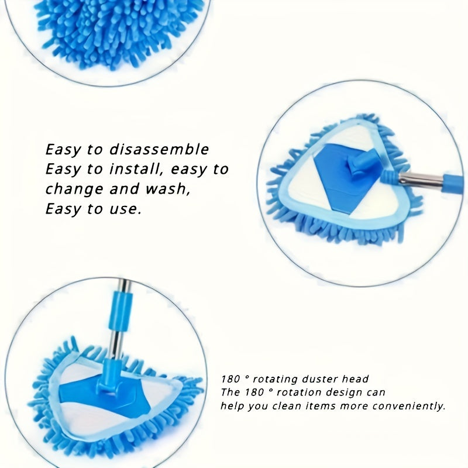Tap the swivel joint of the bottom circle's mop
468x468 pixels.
109,380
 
